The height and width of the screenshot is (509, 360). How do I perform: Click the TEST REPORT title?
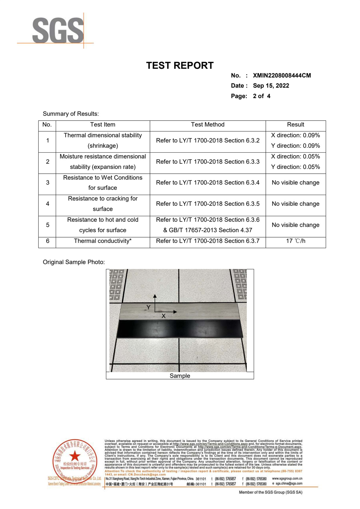180,65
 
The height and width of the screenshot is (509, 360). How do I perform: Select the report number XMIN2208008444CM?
282,76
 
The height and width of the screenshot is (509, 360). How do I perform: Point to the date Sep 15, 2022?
271,86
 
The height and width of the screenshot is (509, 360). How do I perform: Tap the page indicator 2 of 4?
261,96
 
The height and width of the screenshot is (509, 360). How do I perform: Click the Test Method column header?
208,125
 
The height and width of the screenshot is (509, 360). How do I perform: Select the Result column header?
295,125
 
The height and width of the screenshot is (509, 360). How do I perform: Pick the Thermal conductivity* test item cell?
103,241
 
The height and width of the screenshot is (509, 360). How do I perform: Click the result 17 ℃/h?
295,241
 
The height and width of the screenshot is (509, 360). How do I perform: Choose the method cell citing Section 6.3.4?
208,183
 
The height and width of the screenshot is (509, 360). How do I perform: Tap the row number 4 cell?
47,204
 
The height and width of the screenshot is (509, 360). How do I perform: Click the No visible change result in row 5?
295,225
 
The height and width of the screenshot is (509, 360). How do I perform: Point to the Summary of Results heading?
71,114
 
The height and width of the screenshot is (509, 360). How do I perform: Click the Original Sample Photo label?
74,262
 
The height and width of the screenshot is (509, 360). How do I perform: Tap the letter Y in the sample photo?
148,307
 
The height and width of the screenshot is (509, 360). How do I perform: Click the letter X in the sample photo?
163,316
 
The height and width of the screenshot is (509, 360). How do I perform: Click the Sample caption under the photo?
180,376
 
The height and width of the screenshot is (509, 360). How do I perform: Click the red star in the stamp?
75,456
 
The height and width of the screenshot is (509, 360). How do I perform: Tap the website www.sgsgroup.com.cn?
287,479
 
